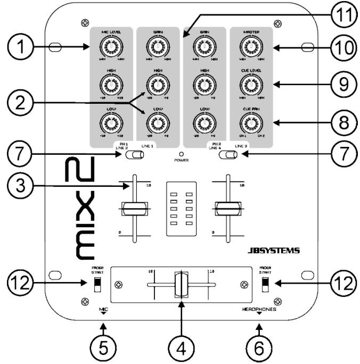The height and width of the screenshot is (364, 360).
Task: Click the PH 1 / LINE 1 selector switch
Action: click(133, 155)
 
